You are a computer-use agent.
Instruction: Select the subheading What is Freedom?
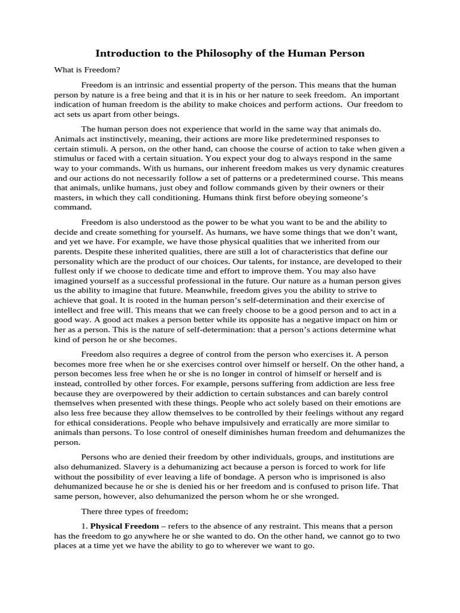coord(87,70)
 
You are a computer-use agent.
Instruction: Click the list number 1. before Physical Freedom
coord(84,526)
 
